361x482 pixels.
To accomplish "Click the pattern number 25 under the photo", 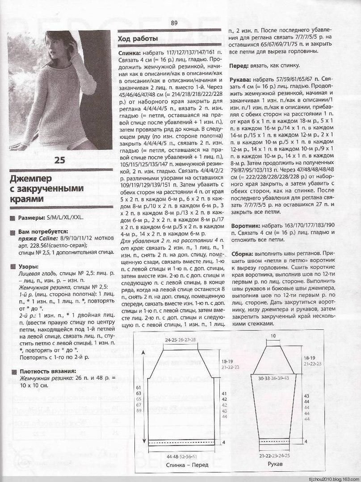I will tap(59, 160).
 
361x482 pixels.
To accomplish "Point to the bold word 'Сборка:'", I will tap(243, 253).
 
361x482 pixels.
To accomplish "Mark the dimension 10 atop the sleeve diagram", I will tap(273, 336).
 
